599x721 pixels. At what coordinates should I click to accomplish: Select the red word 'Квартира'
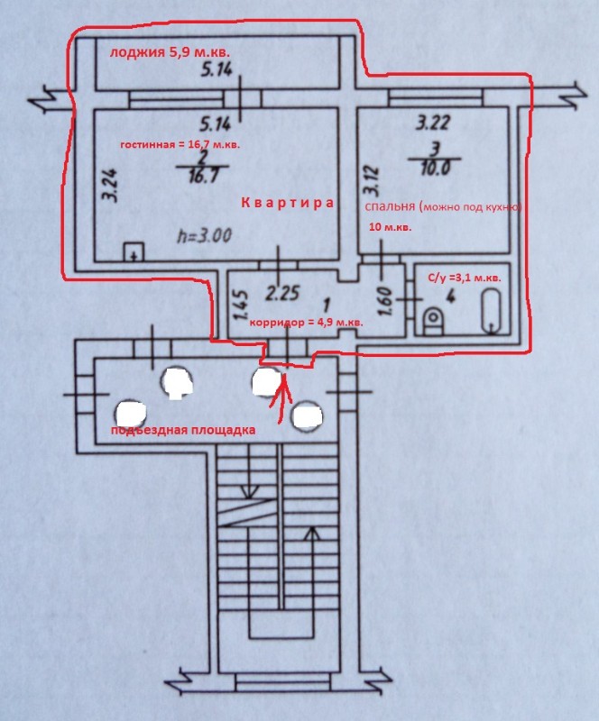pyautogui.click(x=287, y=203)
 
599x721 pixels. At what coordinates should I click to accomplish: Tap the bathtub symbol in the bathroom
pyautogui.click(x=491, y=310)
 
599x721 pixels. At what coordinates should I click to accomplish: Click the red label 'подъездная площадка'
pyautogui.click(x=184, y=429)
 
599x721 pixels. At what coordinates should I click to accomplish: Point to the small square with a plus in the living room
pyautogui.click(x=133, y=252)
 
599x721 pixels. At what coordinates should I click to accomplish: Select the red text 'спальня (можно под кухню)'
pyautogui.click(x=443, y=206)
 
